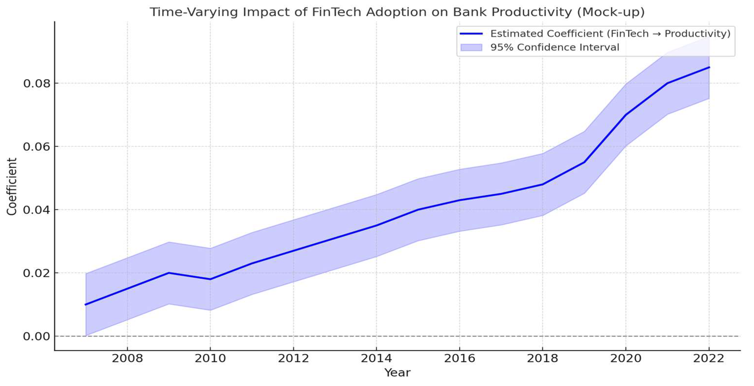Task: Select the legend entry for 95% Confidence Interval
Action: click(x=554, y=47)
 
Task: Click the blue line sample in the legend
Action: click(x=471, y=34)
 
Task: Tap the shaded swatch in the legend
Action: click(x=471, y=47)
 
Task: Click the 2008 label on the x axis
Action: click(x=127, y=358)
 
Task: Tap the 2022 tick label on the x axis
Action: click(x=709, y=358)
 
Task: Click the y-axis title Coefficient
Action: click(x=12, y=187)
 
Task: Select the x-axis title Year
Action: click(x=397, y=373)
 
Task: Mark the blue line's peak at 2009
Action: click(x=169, y=273)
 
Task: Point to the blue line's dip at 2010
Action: click(x=210, y=279)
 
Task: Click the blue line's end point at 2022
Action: click(x=709, y=67)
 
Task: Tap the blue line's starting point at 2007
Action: click(x=85, y=304)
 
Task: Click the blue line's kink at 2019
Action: click(x=584, y=162)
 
